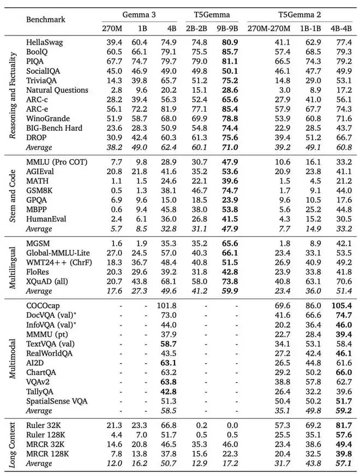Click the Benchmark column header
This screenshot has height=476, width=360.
(x=46, y=19)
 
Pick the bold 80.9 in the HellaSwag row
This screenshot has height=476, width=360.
(x=227, y=41)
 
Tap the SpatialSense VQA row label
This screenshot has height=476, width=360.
(x=57, y=401)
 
